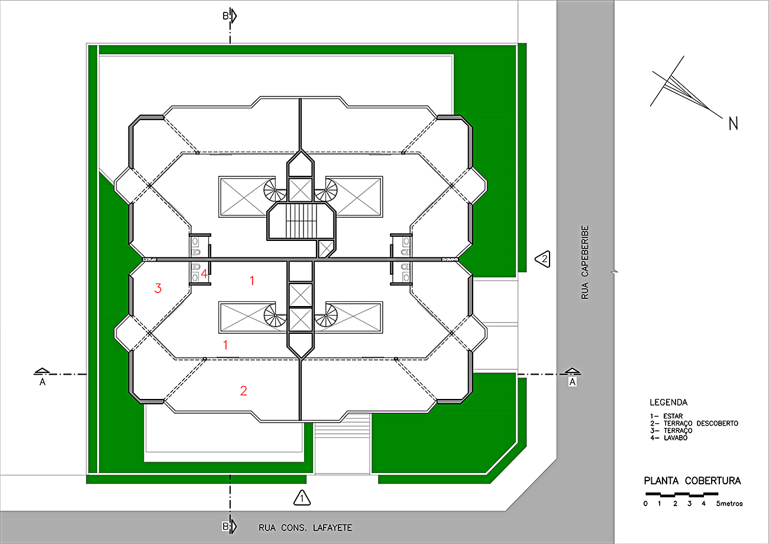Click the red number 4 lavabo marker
pos(204,273)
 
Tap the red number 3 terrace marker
pos(158,288)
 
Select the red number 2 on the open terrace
pos(243,391)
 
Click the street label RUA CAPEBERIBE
pos(585,262)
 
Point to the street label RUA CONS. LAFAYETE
pos(305,527)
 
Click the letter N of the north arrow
pos(734,124)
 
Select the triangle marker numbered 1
pos(302,498)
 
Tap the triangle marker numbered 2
pos(543,259)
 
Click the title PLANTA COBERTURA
pos(692,481)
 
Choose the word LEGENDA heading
pos(668,402)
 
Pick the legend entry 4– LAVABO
pos(669,437)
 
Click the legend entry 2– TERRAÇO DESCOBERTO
pos(694,423)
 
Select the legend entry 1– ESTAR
pos(666,416)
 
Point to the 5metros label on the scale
pos(729,504)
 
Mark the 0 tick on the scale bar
pos(645,504)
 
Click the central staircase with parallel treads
pos(301,221)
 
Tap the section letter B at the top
pos(225,16)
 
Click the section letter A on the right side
pos(572,382)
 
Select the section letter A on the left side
pos(42,382)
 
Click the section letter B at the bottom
pos(225,526)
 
